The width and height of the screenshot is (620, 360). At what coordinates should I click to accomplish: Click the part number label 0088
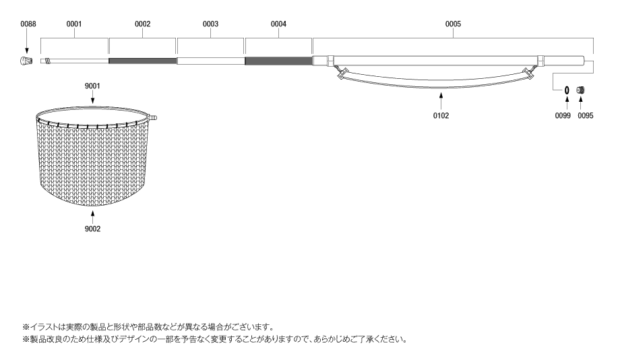[x=28, y=24]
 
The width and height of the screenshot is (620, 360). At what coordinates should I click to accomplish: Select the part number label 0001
[x=74, y=24]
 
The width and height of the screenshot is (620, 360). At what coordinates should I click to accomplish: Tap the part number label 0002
[x=142, y=24]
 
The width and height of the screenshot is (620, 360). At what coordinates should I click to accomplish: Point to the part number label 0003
[x=210, y=24]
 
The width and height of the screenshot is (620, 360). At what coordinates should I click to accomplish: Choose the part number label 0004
[x=278, y=24]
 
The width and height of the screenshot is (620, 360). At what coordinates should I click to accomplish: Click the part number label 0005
[x=453, y=24]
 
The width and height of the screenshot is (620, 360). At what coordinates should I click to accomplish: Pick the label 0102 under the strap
[x=441, y=115]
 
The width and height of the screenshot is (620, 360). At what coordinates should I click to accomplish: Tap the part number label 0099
[x=563, y=115]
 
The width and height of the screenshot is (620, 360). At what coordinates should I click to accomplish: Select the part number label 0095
[x=586, y=115]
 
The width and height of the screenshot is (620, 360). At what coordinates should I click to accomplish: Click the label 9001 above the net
[x=92, y=86]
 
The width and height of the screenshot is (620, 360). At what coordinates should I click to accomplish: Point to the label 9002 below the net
[x=92, y=229]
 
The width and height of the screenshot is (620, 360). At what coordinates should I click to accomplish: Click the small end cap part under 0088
[x=26, y=61]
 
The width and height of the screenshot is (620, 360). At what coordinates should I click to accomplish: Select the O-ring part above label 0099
[x=567, y=90]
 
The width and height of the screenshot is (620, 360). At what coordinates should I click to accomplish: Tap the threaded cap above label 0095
[x=580, y=90]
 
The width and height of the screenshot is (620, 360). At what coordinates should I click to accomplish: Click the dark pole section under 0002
[x=142, y=61]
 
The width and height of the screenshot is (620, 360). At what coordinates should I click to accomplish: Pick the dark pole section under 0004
[x=279, y=61]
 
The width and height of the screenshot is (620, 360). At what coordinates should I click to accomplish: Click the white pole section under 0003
[x=210, y=61]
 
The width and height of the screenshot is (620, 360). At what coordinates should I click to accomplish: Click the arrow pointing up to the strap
[x=441, y=100]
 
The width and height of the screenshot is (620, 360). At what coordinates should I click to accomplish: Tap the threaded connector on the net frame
[x=152, y=117]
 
